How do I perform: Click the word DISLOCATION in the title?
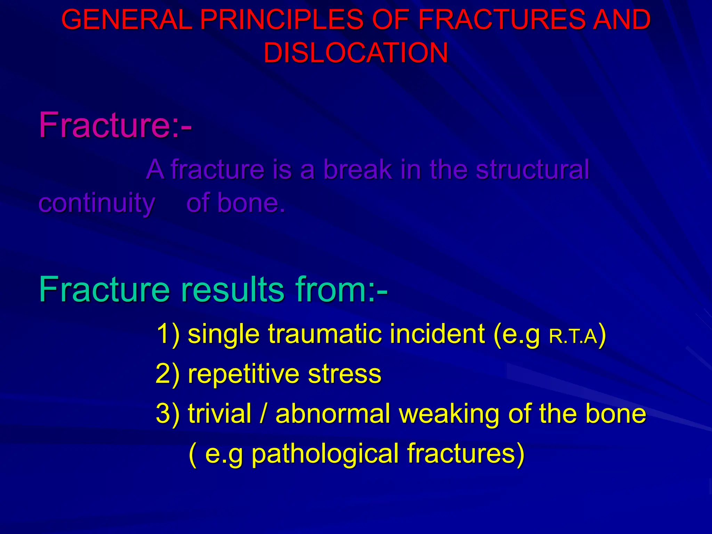point(356,53)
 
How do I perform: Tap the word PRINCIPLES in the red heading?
point(282,19)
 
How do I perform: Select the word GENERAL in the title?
point(127,19)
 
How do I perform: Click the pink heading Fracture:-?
point(115,125)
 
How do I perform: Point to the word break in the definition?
point(358,169)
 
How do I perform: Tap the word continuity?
point(97,203)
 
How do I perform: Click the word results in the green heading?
point(233,289)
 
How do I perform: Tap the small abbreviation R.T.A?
point(573,337)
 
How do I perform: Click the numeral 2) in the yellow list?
point(168,374)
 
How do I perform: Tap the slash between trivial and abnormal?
point(264,414)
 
